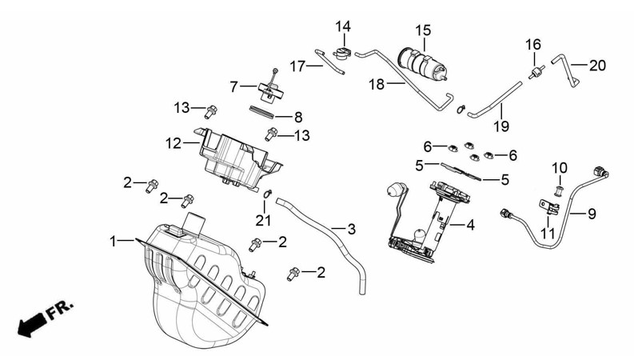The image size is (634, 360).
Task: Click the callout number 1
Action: [114, 240]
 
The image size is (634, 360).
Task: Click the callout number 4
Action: [470, 226]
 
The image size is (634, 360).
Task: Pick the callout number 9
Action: [592, 214]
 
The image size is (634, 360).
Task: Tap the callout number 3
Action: [351, 230]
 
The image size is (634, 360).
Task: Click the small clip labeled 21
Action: [269, 192]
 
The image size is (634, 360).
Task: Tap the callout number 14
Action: [343, 26]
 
